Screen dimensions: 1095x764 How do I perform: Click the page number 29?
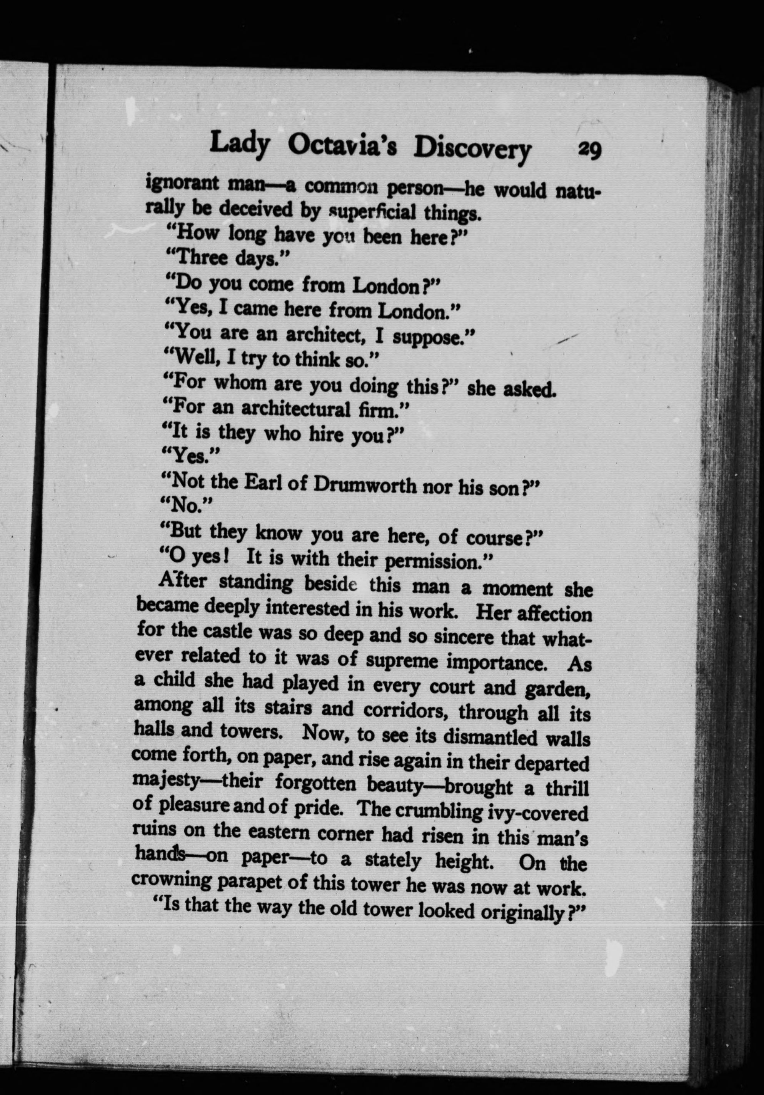(589, 152)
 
